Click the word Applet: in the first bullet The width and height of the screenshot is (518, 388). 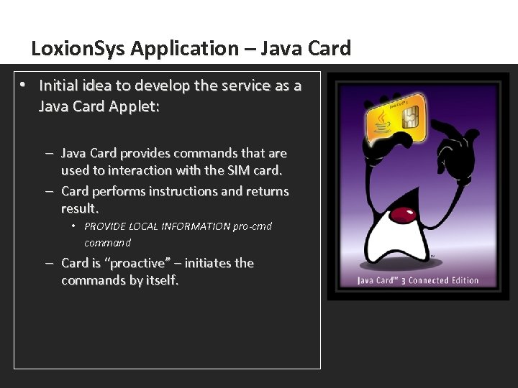click(x=137, y=107)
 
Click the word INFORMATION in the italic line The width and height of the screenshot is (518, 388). click(x=195, y=226)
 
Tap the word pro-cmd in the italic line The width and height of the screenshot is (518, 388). click(x=253, y=226)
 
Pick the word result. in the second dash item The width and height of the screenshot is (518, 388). click(x=79, y=208)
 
